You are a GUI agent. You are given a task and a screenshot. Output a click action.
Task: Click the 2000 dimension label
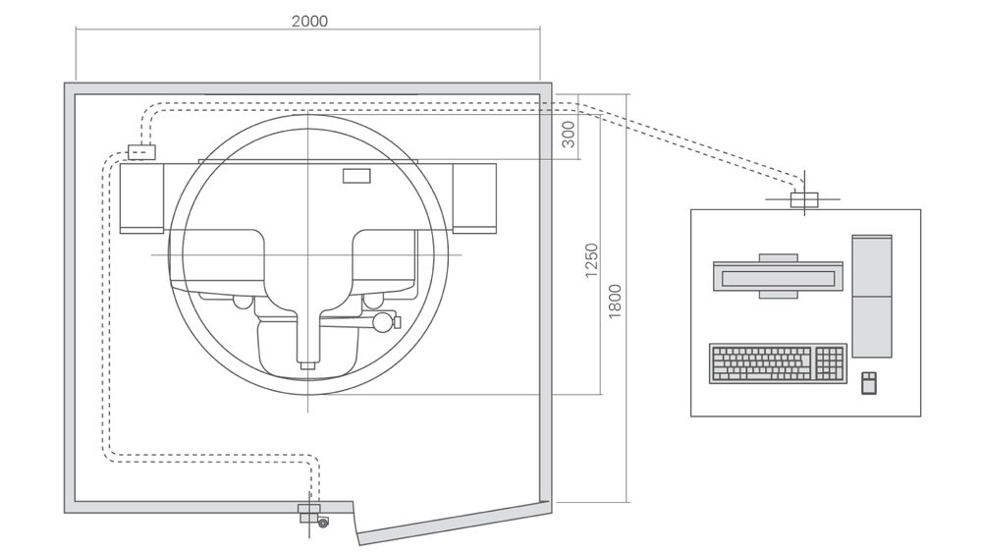click(x=309, y=20)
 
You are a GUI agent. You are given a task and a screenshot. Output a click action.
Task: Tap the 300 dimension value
click(x=568, y=136)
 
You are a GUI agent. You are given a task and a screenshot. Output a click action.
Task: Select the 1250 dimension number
click(x=591, y=260)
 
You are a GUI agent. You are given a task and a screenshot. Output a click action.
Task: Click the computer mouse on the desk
click(x=868, y=382)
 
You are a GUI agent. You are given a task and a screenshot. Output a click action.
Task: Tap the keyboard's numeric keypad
click(x=830, y=363)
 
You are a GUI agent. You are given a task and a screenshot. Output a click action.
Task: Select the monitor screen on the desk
click(x=778, y=276)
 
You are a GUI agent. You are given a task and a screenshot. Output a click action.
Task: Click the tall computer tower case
click(x=872, y=296)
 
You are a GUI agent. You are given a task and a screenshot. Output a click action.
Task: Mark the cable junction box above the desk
click(x=803, y=200)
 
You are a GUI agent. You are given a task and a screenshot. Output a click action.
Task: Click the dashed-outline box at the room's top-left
click(x=141, y=152)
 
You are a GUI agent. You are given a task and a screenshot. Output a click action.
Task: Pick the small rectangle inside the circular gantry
click(x=355, y=176)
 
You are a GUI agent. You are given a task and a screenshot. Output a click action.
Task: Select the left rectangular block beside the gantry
click(x=141, y=198)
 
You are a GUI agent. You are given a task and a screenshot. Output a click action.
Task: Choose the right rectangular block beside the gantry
click(x=474, y=197)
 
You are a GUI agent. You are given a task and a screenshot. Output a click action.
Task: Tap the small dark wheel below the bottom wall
click(x=323, y=523)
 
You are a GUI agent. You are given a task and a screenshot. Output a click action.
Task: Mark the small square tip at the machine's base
click(x=308, y=365)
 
